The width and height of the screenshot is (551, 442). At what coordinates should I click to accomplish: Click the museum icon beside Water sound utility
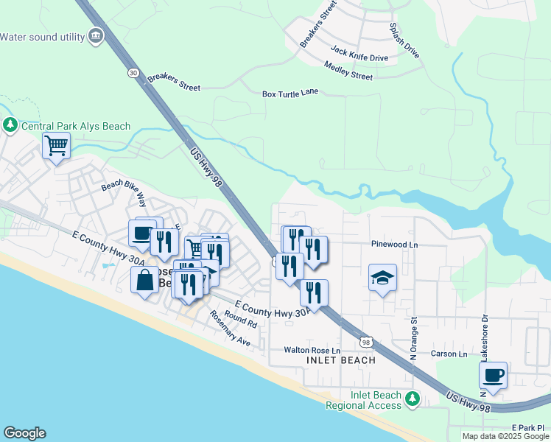point(95,36)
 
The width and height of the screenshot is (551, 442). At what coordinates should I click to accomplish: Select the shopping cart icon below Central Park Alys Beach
point(55,145)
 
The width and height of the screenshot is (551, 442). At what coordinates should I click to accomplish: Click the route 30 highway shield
point(133,72)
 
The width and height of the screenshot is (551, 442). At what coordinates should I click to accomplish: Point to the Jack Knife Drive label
point(359,53)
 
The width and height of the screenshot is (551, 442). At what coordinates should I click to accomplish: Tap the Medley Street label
point(348,71)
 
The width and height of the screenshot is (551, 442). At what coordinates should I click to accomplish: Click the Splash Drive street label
point(404,40)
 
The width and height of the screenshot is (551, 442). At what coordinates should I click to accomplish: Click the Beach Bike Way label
point(124,192)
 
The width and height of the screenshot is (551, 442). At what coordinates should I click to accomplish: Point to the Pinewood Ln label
point(394,245)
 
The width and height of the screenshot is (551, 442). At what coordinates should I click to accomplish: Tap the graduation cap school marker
point(382,278)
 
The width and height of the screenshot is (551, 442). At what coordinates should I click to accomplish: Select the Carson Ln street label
point(449,354)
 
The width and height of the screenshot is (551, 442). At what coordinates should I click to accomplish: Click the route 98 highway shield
point(366,341)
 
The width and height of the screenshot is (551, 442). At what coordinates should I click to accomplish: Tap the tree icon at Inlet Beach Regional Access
point(413,400)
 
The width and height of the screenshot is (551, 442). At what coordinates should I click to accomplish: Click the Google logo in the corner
point(24,433)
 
